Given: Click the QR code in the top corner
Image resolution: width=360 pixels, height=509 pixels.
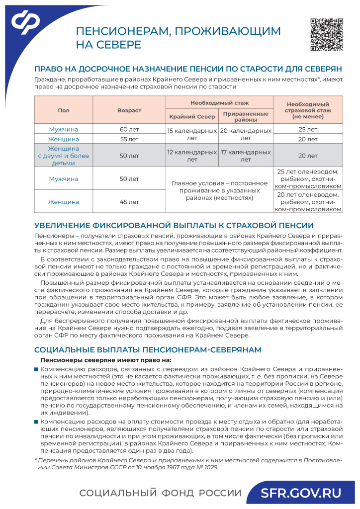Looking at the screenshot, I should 327,35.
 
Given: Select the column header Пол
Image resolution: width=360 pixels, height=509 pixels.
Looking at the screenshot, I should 63,110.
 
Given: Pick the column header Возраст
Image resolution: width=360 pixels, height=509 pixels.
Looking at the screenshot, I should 129,110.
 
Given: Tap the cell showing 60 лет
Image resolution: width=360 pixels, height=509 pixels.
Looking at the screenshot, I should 129,129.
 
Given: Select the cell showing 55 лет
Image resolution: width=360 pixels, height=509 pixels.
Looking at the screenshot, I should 129,139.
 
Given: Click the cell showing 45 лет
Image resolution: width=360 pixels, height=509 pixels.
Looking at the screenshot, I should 129,202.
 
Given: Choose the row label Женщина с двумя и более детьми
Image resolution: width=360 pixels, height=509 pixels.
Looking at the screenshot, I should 63,156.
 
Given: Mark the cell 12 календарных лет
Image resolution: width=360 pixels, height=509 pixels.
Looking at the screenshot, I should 191,156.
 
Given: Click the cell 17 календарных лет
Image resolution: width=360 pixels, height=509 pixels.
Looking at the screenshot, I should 246,156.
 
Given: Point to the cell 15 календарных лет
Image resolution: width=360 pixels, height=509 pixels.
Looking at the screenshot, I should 191,134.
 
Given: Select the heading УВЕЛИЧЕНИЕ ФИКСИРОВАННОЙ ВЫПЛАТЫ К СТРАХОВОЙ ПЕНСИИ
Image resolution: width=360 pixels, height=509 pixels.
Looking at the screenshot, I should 174,225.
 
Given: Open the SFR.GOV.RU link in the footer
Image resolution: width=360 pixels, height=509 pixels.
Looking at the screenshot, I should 302,493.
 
